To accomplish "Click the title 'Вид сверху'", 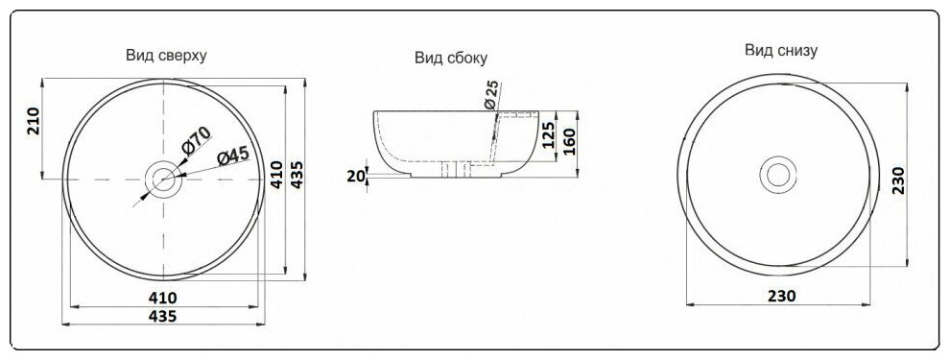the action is (x=167, y=56).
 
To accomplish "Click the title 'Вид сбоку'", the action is (x=451, y=59).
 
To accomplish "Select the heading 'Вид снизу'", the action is (x=781, y=50).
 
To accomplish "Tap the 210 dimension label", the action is (x=34, y=121).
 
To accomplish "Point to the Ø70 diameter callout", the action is (x=195, y=140).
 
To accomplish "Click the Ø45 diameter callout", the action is (x=233, y=156).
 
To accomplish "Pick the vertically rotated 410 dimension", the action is (x=277, y=175).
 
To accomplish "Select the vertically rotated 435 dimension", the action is (x=297, y=175).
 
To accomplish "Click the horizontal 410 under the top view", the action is (x=163, y=298).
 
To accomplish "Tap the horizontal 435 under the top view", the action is (x=163, y=316).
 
